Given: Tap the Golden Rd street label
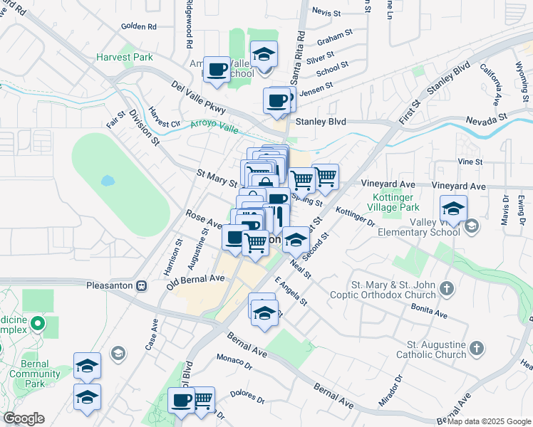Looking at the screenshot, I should [x=138, y=27].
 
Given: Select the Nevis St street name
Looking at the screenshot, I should [x=328, y=12].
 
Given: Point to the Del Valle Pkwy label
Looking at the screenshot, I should [x=198, y=97].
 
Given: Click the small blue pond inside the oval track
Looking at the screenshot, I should [x=108, y=180].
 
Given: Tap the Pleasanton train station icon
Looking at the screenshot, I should [x=141, y=285].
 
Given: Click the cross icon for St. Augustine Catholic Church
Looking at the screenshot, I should [x=477, y=348].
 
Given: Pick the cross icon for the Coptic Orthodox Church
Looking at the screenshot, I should [x=446, y=288].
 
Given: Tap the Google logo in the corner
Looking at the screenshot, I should [x=24, y=418].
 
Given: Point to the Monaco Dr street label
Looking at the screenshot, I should [x=234, y=362].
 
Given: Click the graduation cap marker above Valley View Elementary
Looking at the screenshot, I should [x=453, y=208].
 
